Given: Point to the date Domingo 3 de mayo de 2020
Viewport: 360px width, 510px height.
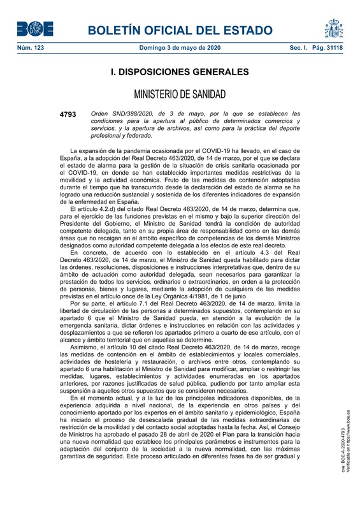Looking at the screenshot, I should pyautogui.click(x=180, y=48).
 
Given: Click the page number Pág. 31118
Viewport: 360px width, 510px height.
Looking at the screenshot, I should pyautogui.click(x=328, y=48).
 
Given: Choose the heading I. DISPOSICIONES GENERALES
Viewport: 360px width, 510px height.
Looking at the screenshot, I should pyautogui.click(x=180, y=73).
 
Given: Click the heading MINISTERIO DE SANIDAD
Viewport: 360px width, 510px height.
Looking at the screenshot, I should pyautogui.click(x=180, y=95).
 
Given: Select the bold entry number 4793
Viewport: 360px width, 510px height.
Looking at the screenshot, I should pyautogui.click(x=67, y=114).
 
